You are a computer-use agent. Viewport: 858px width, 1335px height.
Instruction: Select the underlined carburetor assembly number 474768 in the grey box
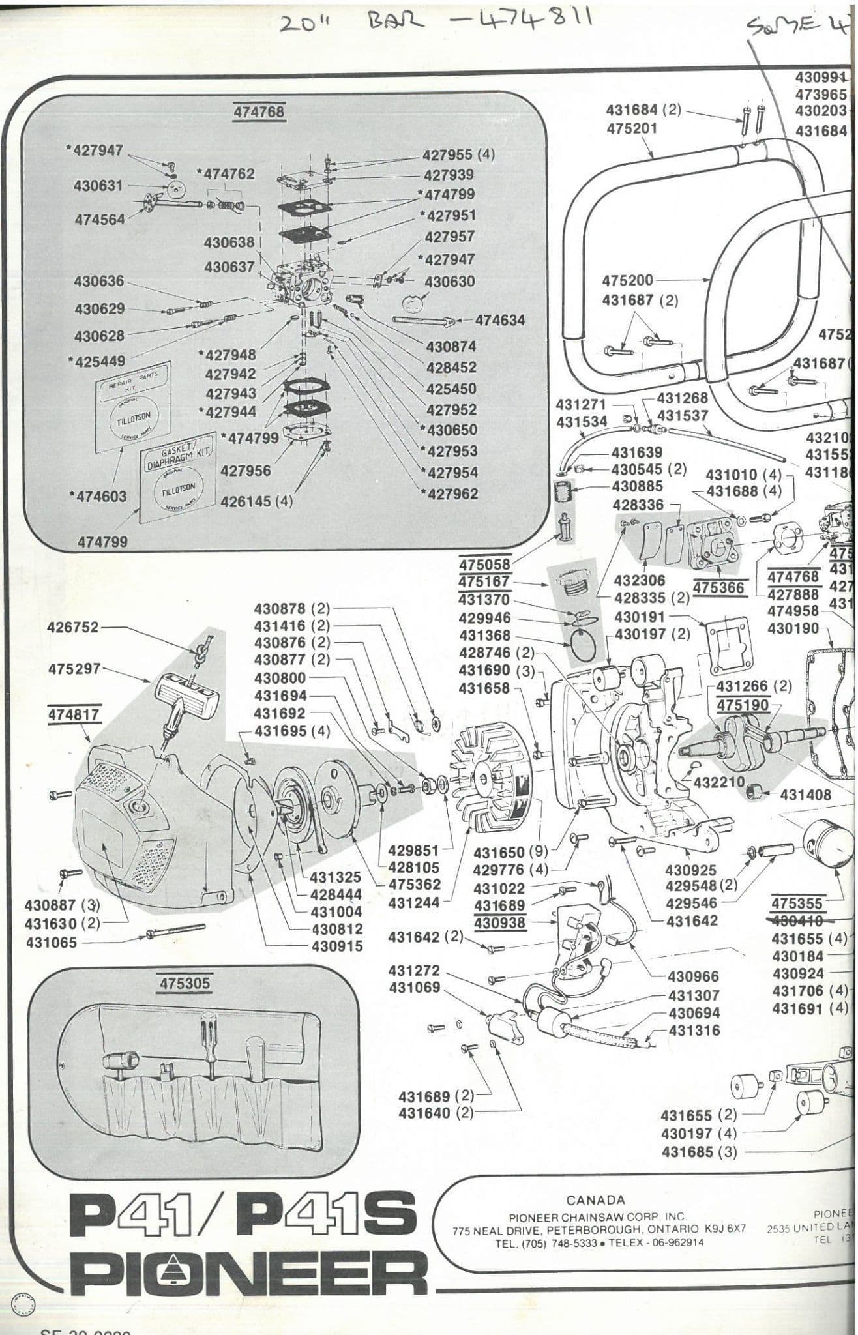tap(259, 111)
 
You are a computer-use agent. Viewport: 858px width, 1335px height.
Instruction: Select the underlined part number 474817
tap(73, 714)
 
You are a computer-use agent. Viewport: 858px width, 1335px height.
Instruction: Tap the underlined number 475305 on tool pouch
tap(185, 982)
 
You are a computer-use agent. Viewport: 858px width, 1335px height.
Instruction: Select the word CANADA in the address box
tap(595, 1199)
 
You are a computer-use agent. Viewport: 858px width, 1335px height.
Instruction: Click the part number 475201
tap(632, 128)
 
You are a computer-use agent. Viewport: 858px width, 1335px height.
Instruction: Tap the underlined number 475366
tap(718, 587)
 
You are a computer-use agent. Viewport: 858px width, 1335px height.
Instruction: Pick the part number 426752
tap(73, 627)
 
